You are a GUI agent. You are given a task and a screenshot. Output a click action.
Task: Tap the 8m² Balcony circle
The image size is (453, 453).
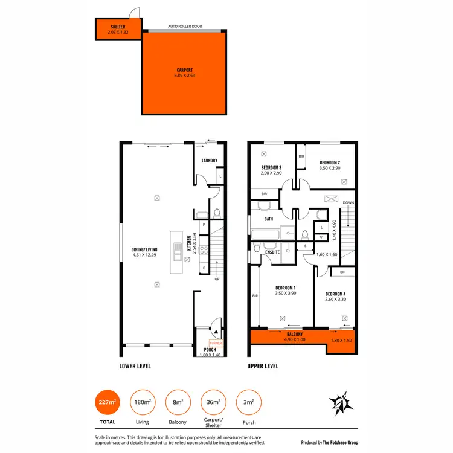pyautogui.click(x=178, y=402)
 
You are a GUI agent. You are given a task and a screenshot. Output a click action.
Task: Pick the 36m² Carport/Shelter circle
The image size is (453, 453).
pyautogui.click(x=213, y=402)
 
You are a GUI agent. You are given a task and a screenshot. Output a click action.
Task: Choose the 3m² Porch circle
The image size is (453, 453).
pyautogui.click(x=248, y=402)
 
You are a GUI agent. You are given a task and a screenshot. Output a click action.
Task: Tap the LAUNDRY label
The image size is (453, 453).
pyautogui.click(x=209, y=161)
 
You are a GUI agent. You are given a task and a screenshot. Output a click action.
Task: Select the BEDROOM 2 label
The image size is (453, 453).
pyautogui.click(x=330, y=162)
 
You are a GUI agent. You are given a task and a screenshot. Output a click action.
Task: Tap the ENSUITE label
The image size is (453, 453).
pyautogui.click(x=272, y=252)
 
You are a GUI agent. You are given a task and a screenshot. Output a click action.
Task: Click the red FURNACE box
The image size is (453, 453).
pyautogui.click(x=216, y=343)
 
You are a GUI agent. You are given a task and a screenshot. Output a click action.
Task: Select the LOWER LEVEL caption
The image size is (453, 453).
pyautogui.click(x=135, y=366)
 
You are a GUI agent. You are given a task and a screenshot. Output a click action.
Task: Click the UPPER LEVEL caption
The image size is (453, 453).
pyautogui.click(x=263, y=366)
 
